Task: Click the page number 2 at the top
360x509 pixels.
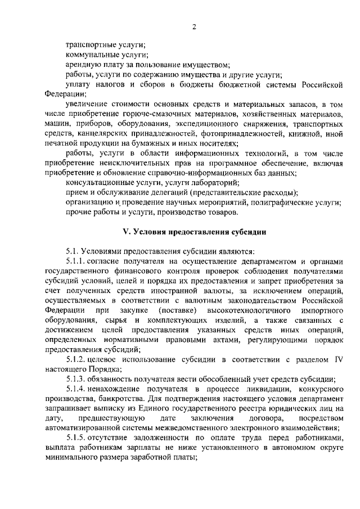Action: (193, 26)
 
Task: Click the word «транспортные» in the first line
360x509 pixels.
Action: (89, 44)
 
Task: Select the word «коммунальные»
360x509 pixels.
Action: (91, 55)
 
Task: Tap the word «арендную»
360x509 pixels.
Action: (82, 65)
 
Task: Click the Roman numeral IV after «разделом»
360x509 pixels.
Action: (336, 359)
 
